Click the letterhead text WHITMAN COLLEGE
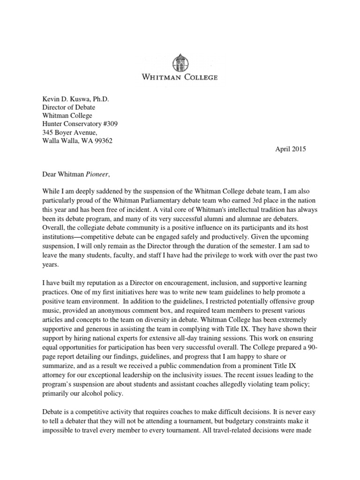click(x=180, y=77)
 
